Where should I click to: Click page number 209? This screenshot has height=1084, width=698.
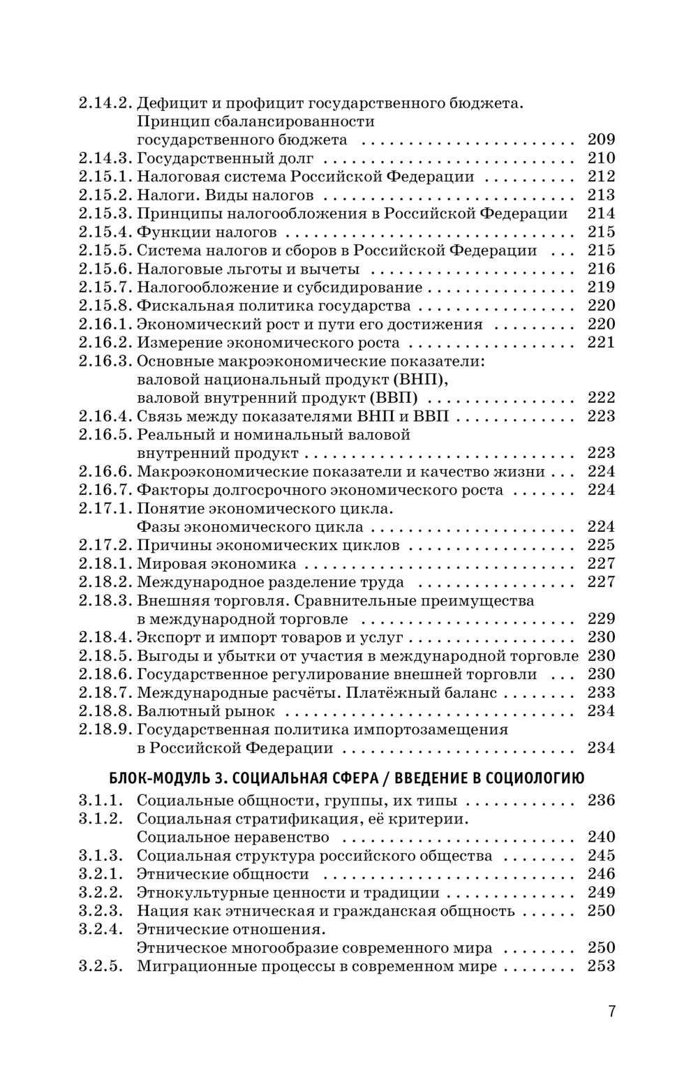click(601, 140)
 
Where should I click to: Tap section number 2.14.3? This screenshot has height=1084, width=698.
click(105, 158)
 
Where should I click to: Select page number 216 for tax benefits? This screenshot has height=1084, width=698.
click(601, 269)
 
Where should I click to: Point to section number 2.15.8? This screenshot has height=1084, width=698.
click(105, 306)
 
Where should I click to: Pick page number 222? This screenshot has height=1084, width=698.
click(601, 398)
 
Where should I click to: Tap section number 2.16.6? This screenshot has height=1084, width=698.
click(105, 472)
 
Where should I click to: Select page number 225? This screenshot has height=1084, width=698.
click(601, 545)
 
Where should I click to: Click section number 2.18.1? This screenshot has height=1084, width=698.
click(105, 564)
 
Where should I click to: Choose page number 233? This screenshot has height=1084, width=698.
click(601, 692)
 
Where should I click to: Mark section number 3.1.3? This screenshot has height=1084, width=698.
click(101, 856)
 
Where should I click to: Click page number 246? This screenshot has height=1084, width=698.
click(601, 874)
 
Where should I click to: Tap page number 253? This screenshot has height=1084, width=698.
click(601, 967)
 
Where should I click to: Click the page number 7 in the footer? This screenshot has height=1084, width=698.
click(611, 1011)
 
